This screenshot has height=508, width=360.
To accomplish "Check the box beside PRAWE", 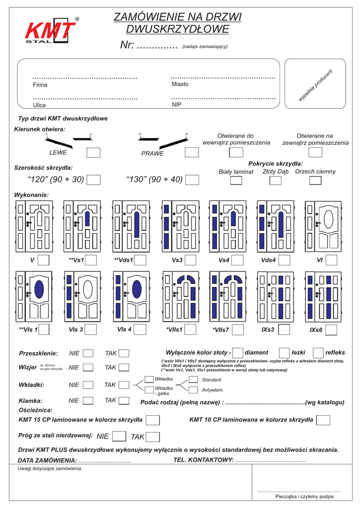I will pyautogui.click(x=192, y=153).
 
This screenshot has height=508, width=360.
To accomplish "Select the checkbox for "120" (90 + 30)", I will pyautogui.click(x=94, y=179).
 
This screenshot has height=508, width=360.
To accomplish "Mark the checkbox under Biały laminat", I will pyautogui.click(x=236, y=180).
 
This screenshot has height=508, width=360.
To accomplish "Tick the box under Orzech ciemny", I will pyautogui.click(x=315, y=180).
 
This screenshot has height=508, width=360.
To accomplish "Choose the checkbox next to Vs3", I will pyautogui.click(x=192, y=259).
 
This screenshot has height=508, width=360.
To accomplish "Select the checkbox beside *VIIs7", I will pyautogui.click(x=238, y=329).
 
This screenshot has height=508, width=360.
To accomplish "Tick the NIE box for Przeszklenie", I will pyautogui.click(x=88, y=353).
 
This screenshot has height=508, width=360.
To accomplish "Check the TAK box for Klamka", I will pyautogui.click(x=124, y=400).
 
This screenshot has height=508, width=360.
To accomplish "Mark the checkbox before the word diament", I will pyautogui.click(x=238, y=352).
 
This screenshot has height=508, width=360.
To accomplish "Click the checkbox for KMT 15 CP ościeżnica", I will pyautogui.click(x=153, y=420).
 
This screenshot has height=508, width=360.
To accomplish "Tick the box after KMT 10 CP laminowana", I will pyautogui.click(x=323, y=420).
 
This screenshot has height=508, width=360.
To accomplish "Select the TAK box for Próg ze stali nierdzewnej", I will pyautogui.click(x=153, y=437).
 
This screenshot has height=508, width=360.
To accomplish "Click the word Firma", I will pyautogui.click(x=40, y=85).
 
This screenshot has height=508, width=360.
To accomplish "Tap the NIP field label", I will pyautogui.click(x=177, y=105).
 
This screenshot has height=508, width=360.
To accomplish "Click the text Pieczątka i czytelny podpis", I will pyautogui.click(x=304, y=497).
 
